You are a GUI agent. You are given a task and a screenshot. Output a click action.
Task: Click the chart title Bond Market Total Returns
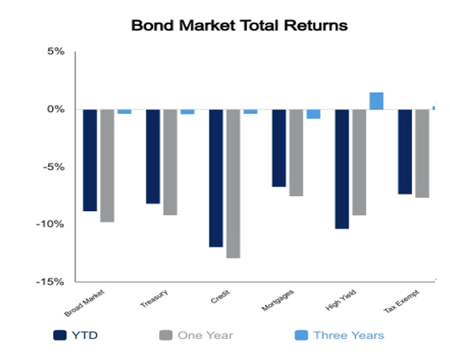[239, 25]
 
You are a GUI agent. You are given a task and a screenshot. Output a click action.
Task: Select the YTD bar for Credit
[216, 178]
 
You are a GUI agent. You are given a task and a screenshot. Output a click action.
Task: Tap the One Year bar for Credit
[233, 184]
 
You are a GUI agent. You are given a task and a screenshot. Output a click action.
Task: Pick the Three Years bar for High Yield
[376, 101]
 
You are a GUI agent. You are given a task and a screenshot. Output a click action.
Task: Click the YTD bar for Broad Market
[90, 160]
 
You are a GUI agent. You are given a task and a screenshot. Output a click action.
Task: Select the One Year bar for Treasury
[170, 162]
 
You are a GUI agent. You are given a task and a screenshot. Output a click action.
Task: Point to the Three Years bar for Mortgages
[313, 114]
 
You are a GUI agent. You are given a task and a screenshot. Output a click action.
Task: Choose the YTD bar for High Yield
[342, 169]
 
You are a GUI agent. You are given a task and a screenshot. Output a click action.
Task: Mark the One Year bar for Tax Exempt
[422, 154]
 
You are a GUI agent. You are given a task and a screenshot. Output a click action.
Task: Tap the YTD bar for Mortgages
[279, 148]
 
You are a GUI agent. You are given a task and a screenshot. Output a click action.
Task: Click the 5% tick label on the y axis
[56, 52]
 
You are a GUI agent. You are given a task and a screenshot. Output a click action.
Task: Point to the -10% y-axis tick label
[50, 224]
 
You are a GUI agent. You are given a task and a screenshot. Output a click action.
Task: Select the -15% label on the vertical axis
[50, 281]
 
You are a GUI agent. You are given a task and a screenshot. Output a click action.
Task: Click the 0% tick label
[56, 109]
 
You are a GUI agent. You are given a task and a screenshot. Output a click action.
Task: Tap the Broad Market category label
[85, 304]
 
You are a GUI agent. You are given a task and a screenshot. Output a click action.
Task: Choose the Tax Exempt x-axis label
[402, 301]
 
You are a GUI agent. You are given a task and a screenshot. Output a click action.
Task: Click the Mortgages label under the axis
[278, 300]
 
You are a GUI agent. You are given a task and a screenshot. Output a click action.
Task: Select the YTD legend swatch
[59, 335]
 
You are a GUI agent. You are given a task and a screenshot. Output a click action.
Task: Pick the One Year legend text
[205, 335]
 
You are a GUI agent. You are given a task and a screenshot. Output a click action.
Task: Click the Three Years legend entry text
[349, 335]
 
